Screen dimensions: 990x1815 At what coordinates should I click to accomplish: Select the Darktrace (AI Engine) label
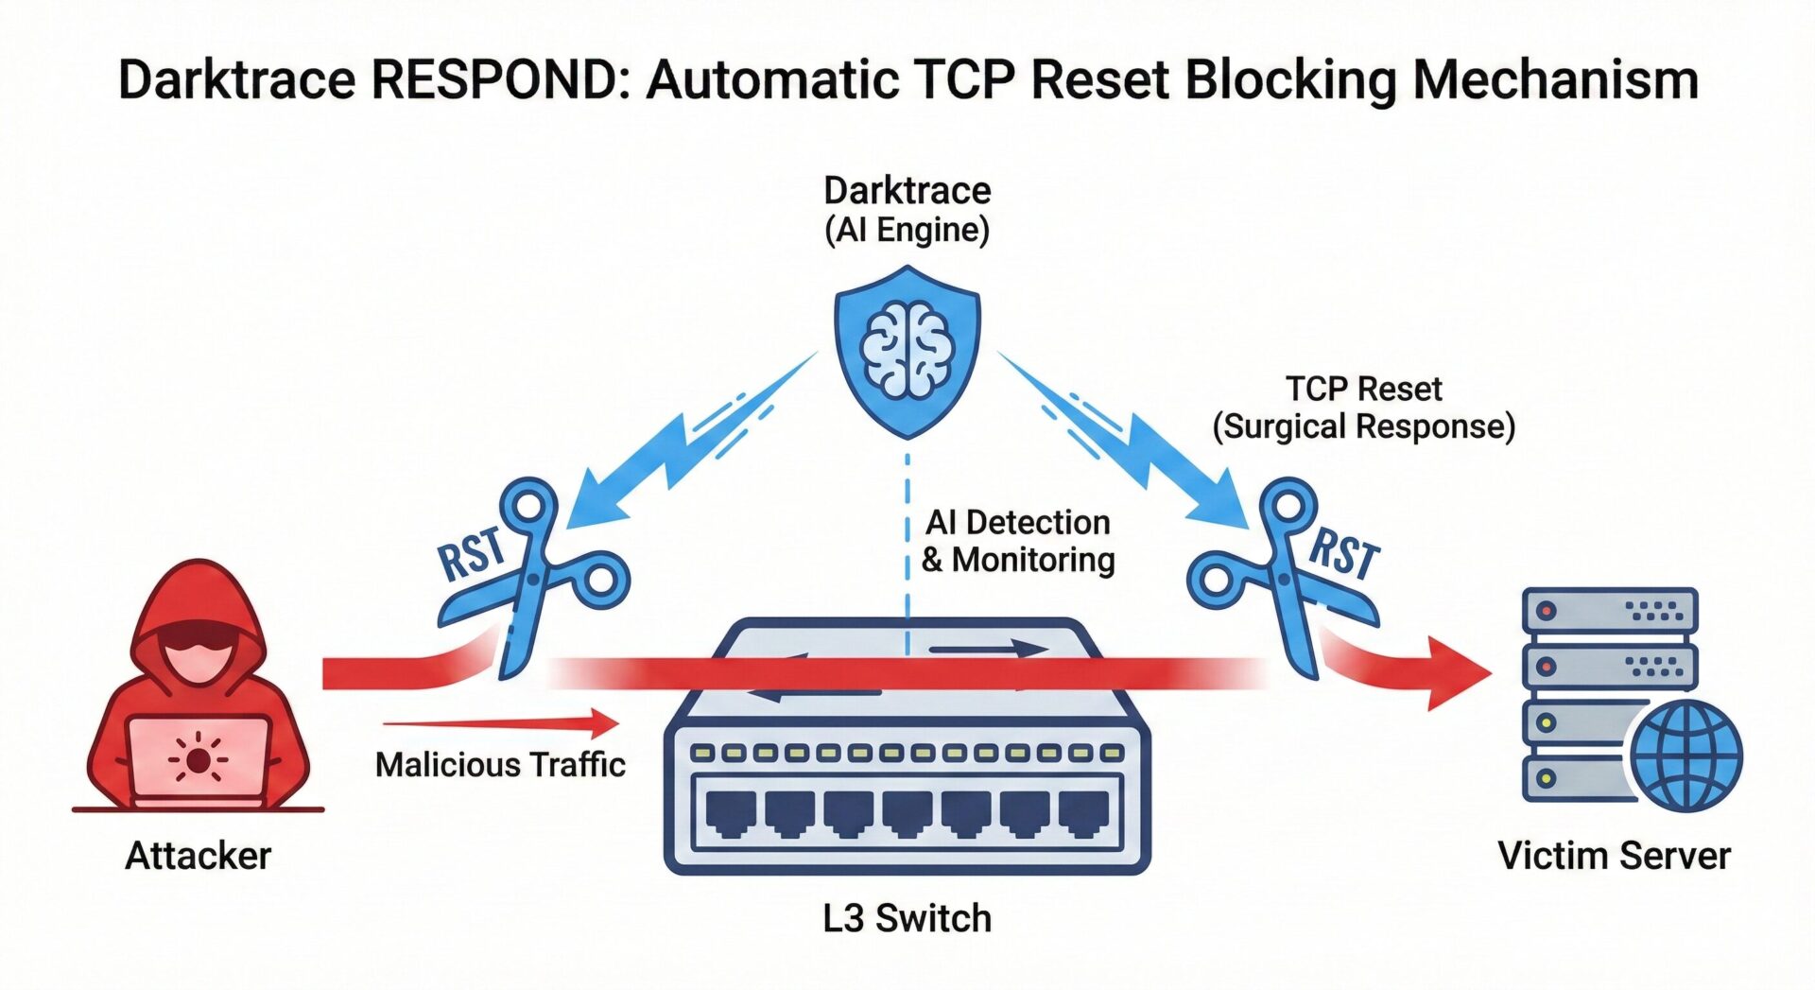pyautogui.click(x=907, y=210)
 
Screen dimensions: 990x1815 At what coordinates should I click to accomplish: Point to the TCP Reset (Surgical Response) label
pyautogui.click(x=1363, y=408)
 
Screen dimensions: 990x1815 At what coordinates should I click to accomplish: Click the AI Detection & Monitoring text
pyautogui.click(x=1018, y=541)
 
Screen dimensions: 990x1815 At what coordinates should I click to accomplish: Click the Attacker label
pyautogui.click(x=199, y=856)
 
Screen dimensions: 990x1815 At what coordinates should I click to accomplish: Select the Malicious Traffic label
pyautogui.click(x=500, y=764)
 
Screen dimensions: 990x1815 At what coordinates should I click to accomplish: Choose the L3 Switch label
pyautogui.click(x=907, y=918)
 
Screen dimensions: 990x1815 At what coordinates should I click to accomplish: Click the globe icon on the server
pyautogui.click(x=1685, y=756)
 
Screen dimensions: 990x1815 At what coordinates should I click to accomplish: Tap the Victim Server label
pyautogui.click(x=1614, y=856)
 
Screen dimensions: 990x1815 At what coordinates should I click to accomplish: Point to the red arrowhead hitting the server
pyautogui.click(x=1456, y=673)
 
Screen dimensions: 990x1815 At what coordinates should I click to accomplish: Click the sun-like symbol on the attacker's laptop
pyautogui.click(x=198, y=759)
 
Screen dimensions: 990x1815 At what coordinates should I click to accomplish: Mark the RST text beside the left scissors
pyautogui.click(x=471, y=553)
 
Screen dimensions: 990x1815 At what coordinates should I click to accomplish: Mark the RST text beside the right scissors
pyautogui.click(x=1344, y=553)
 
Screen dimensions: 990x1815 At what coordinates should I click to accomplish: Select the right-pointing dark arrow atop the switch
pyautogui.click(x=988, y=650)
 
